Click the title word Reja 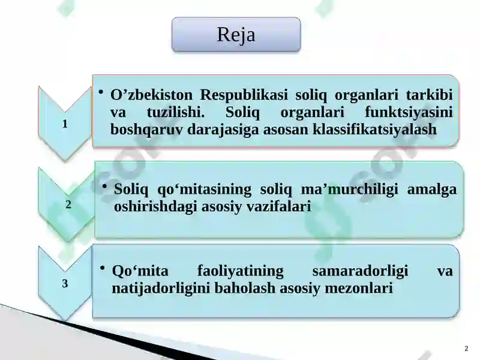click(x=236, y=35)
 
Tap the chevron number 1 click(x=64, y=124)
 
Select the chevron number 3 click(x=65, y=283)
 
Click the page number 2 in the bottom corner click(x=467, y=349)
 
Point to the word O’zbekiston click(x=152, y=95)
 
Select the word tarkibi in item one click(x=429, y=95)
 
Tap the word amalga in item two click(x=431, y=190)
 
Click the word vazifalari click(x=280, y=206)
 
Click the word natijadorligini click(x=159, y=288)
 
